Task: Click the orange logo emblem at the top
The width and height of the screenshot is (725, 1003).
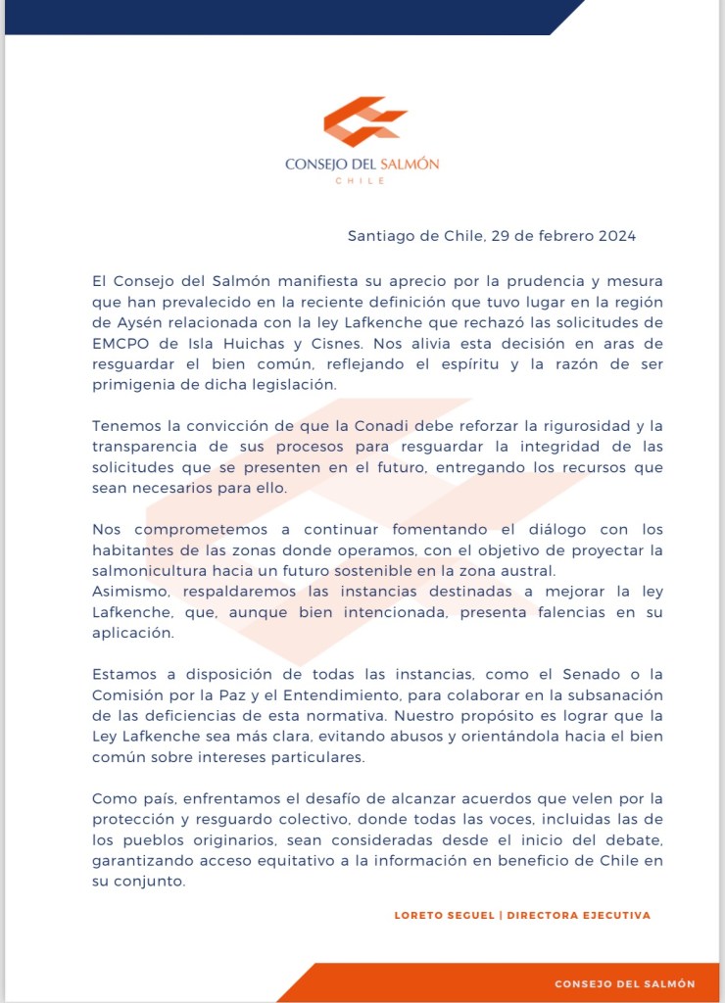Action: pos(363,121)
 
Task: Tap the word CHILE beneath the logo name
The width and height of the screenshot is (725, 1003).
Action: pos(362,181)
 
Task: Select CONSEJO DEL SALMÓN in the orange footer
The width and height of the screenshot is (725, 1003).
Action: pos(625,983)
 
